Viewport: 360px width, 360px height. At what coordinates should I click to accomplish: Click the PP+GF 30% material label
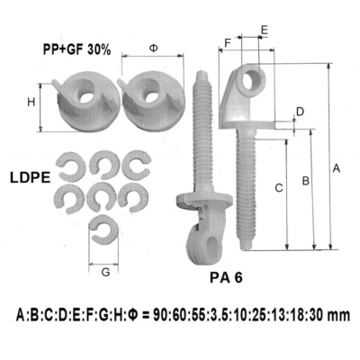[76, 49]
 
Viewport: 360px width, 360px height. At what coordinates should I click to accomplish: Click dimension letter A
[337, 167]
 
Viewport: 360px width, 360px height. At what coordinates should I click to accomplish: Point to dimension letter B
[306, 181]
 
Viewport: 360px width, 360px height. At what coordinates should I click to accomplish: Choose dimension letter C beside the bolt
[279, 188]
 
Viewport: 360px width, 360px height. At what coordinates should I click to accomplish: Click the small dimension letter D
[300, 112]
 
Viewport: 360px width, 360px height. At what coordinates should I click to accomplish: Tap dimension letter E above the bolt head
[264, 31]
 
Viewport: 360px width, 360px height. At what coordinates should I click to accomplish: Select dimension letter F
[228, 42]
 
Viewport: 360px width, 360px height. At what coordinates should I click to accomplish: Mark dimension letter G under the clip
[106, 270]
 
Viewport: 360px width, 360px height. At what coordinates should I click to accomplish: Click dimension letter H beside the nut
[31, 103]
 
